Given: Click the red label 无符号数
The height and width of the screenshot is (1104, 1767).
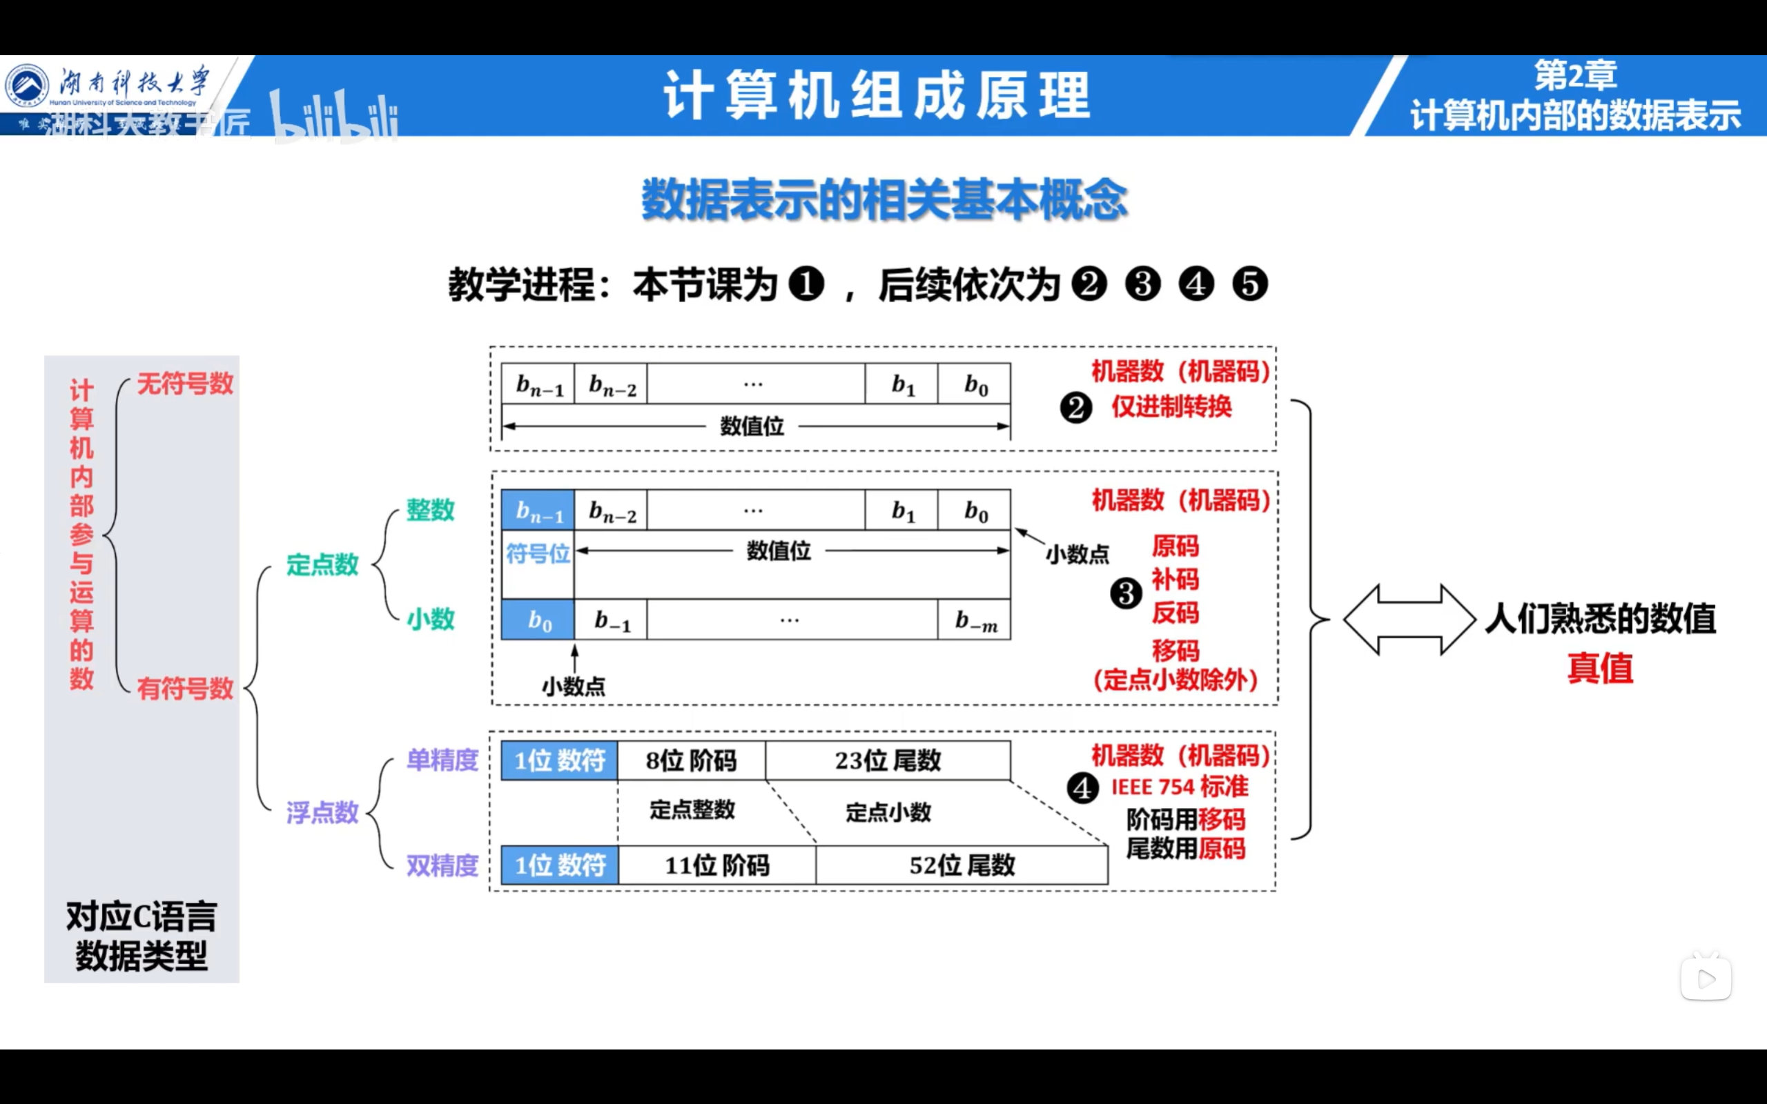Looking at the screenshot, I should coord(185,384).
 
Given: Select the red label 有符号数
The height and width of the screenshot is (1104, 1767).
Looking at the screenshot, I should coord(185,688).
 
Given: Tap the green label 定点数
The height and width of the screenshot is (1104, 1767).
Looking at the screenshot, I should coord(322,564).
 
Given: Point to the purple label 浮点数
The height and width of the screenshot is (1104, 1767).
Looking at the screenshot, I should coord(322,812).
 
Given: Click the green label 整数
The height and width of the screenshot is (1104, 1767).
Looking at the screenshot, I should coord(430,510).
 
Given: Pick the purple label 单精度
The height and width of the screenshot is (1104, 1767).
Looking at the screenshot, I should coord(442,760).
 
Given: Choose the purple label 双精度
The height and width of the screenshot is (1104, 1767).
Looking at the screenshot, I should coord(442,865).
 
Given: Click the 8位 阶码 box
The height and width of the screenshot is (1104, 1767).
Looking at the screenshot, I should coord(691,761).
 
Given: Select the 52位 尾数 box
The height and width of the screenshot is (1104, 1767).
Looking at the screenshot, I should coord(961,865).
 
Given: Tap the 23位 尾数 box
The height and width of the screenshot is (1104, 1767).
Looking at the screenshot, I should coord(888,761).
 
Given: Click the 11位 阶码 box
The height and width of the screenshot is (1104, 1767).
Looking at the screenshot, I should coord(717,865).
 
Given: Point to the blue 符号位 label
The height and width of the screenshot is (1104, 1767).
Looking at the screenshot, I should coord(538,553).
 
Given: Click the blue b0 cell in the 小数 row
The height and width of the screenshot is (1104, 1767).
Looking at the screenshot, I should coord(538,620).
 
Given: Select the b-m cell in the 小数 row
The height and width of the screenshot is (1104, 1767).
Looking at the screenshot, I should coord(975,620).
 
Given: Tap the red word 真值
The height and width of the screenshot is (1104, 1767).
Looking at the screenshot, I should coord(1600,668).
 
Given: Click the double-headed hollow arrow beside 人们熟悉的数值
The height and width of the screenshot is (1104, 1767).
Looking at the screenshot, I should coord(1409,619).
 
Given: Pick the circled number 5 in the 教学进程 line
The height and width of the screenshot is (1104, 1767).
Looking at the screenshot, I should coord(1250,284).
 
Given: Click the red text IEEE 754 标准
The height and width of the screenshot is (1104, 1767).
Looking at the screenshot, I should coord(1179,787).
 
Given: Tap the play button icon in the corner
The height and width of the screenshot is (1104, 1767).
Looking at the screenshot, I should coord(1706,978).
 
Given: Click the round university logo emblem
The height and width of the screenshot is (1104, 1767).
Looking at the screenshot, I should coord(27,85).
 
